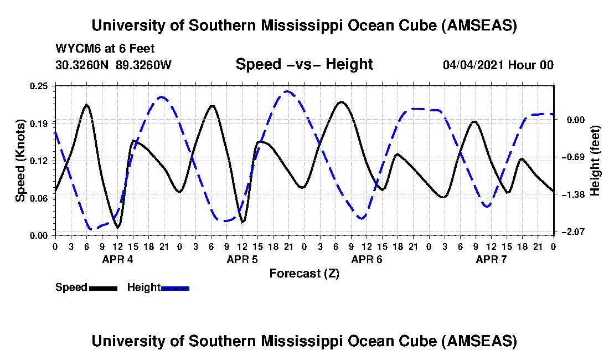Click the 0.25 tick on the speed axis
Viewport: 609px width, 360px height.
40,86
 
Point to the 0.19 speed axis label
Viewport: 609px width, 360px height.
40,122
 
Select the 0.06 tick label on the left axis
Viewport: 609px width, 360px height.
40,198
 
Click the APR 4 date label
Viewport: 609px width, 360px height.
117,259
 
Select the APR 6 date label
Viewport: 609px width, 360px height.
367,259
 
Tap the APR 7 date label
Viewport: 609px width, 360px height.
492,259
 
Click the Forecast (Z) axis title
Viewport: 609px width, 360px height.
304,273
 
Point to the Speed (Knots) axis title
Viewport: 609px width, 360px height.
20,160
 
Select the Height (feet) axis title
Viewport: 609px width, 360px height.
596,160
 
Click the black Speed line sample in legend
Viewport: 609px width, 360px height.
103,287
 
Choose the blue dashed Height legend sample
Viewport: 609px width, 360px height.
175,287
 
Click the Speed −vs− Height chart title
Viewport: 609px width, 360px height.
304,64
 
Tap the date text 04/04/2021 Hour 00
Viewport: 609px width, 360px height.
498,65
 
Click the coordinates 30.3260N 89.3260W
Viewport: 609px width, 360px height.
113,65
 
